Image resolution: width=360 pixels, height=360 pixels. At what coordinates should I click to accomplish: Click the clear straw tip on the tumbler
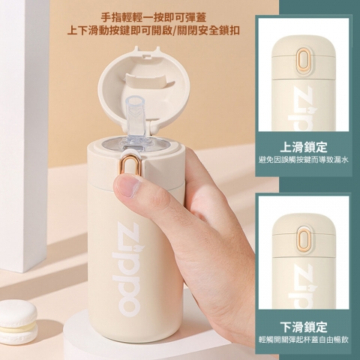pos(136,102)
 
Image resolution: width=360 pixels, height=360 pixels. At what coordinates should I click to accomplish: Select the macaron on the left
pos(18,319)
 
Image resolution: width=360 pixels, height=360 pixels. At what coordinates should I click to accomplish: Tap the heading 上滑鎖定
pos(304,147)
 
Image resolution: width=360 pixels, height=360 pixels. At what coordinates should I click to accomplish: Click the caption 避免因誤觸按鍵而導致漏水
pos(304,160)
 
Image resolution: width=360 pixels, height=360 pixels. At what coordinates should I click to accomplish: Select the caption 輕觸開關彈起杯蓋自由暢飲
pos(304,340)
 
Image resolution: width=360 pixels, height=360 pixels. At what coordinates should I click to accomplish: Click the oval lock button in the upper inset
pos(303,59)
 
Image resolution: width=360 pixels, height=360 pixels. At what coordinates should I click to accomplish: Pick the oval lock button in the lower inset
pos(303,238)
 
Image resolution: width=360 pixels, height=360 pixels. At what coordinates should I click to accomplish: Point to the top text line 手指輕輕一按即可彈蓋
pos(154,17)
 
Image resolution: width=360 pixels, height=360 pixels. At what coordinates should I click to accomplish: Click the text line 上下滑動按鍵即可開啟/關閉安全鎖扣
pos(154,31)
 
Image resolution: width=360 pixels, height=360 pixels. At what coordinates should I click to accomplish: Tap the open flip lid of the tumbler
pos(140,88)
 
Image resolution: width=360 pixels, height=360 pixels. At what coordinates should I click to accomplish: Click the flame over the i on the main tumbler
pos(136,247)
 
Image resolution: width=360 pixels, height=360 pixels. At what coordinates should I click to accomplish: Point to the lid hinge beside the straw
pos(153,125)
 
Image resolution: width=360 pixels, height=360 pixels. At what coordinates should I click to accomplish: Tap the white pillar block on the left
pos(23,136)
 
